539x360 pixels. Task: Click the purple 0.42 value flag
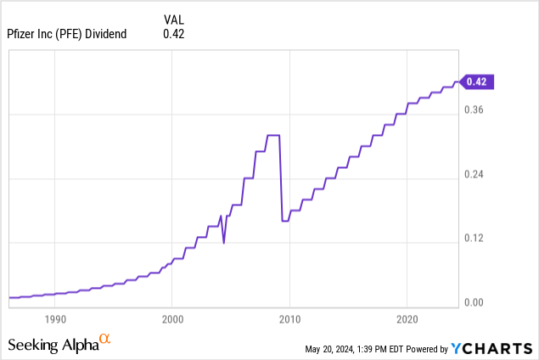point(477,82)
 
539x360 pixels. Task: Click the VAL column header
point(173,19)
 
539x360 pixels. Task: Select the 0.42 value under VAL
point(173,34)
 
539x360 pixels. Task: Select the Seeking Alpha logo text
point(53,345)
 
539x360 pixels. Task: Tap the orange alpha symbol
point(105,340)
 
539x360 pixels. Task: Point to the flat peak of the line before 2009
point(273,135)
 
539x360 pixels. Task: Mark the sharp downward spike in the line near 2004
point(224,243)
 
